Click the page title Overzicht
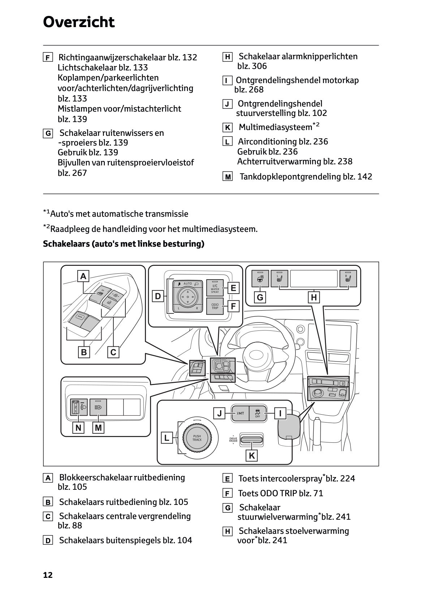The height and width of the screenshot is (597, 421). (x=79, y=22)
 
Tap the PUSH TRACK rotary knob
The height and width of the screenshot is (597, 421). (x=197, y=438)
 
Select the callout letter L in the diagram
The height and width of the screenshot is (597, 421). (x=167, y=438)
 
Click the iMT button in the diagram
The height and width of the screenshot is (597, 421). (x=240, y=413)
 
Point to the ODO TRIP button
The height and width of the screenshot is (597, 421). (x=215, y=306)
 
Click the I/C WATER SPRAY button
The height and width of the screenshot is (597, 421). (x=215, y=288)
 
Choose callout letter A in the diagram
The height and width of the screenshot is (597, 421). (x=83, y=276)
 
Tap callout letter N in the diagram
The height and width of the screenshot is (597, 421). (x=78, y=428)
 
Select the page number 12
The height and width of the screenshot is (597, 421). (x=48, y=575)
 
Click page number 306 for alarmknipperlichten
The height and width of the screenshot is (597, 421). (x=258, y=66)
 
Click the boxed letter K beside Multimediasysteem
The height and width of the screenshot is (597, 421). (x=227, y=127)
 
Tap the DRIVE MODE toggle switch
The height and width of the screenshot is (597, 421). (x=252, y=439)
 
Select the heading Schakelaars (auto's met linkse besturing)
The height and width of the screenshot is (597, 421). (x=124, y=244)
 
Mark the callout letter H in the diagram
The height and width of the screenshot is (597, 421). (x=314, y=297)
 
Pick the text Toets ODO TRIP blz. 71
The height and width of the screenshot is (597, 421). (x=280, y=493)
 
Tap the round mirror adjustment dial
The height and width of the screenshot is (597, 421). (x=187, y=297)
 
